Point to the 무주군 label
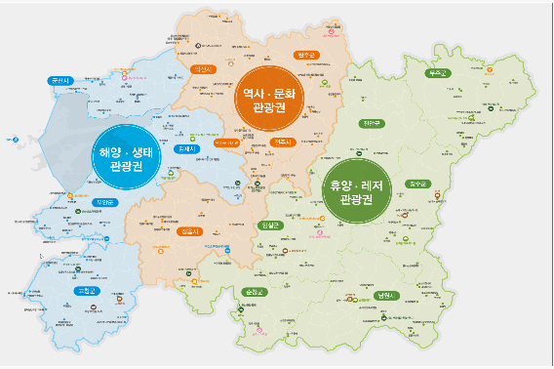438,73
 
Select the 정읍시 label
189,230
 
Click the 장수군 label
419,184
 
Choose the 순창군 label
255,292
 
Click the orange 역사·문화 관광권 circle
274,96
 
